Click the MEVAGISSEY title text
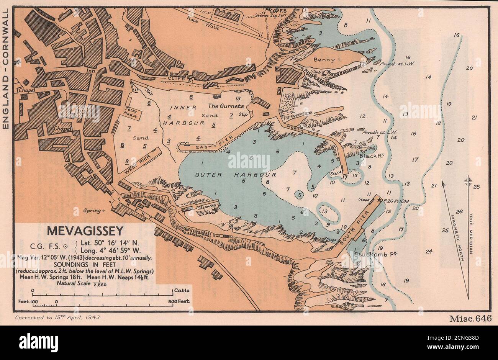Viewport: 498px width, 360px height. tap(85, 231)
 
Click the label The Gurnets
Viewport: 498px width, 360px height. tap(226, 106)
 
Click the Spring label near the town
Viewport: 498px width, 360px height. tap(94, 210)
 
